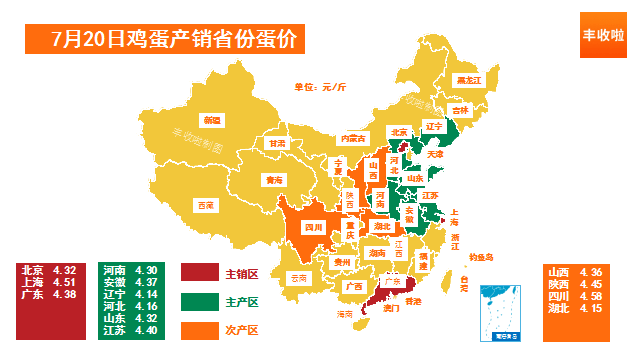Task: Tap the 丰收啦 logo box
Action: (603, 35)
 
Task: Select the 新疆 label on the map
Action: (211, 120)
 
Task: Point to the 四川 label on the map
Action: (311, 227)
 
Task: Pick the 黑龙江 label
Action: (467, 79)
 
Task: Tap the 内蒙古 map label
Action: (352, 138)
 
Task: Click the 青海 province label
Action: (274, 180)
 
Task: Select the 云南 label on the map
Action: (298, 277)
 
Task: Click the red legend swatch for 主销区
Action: (199, 273)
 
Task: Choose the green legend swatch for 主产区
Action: (199, 301)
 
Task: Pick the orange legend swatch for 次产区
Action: (199, 329)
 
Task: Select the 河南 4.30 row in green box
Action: (130, 270)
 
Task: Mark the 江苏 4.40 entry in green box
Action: (130, 330)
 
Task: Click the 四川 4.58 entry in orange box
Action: (576, 296)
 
